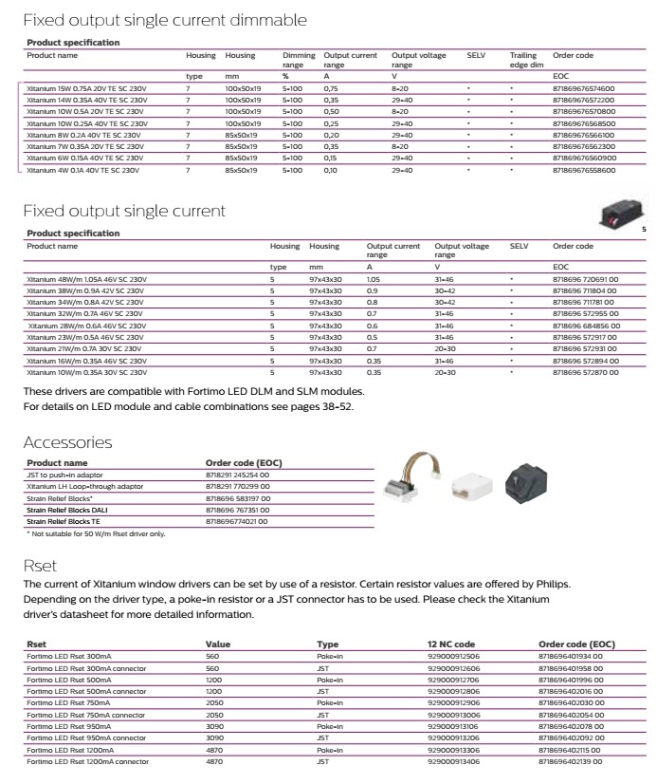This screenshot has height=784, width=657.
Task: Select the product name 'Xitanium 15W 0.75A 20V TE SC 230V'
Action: tap(86, 88)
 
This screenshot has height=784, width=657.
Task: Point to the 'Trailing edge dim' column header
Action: tap(527, 60)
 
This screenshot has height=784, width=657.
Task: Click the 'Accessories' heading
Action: tap(67, 442)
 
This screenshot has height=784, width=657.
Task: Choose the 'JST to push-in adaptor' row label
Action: tap(64, 475)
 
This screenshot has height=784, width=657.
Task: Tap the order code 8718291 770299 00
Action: tap(237, 486)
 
